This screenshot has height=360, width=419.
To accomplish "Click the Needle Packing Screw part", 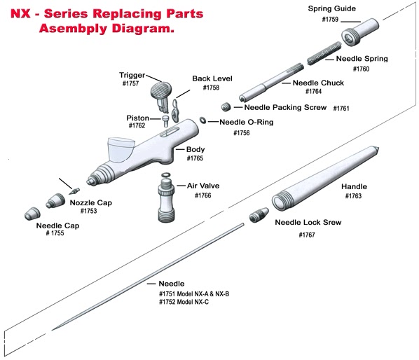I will (226, 107).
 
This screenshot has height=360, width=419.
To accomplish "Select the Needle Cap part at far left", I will (31, 212).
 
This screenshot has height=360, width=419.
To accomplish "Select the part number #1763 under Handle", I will (354, 196).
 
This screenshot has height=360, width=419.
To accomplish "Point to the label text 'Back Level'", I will (211, 79).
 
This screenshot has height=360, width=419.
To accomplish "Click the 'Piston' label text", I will (137, 117).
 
